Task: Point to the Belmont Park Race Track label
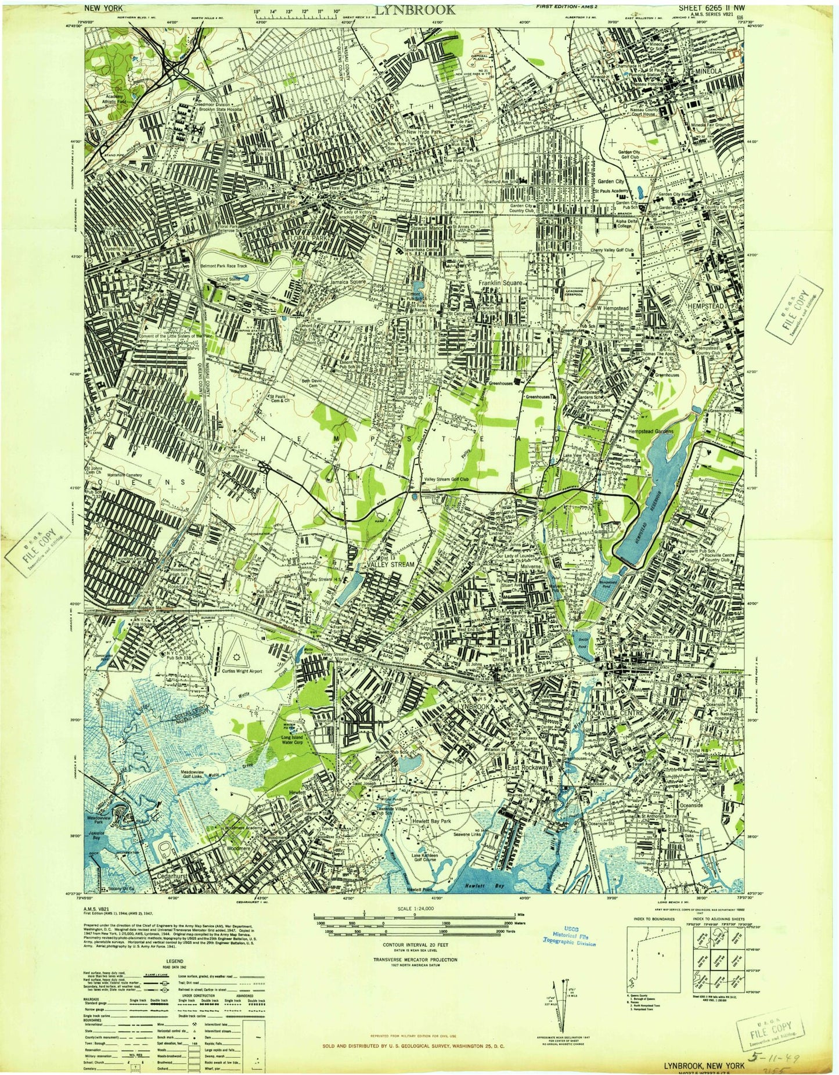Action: coord(224,266)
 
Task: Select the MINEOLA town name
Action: coord(705,70)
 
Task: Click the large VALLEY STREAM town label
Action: coord(390,564)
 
